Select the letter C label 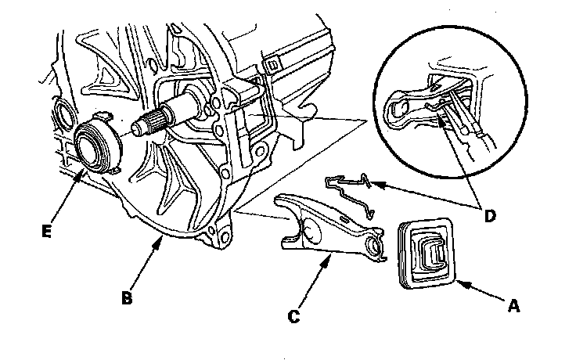(x=294, y=316)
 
